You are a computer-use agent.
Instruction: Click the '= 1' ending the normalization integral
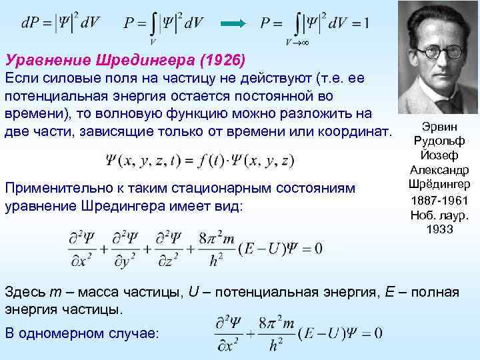point(360,23)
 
